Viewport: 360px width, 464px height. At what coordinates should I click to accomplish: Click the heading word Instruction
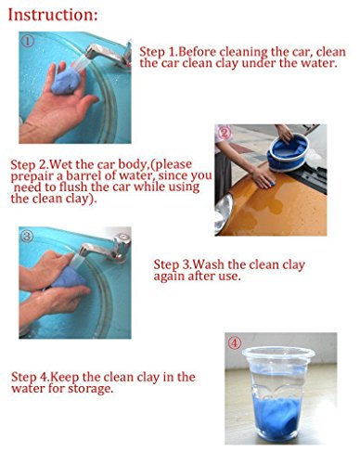[x=53, y=15]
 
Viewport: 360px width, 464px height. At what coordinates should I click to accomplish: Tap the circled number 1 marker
[x=27, y=41]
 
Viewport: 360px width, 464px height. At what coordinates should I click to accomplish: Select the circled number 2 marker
[x=225, y=133]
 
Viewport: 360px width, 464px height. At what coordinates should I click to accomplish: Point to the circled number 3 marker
[x=27, y=237]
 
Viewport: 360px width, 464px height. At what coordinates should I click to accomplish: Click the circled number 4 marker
[x=235, y=343]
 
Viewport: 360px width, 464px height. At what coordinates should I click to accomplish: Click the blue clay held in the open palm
[x=66, y=81]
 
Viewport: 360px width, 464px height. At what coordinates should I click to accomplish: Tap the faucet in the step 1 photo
[x=109, y=53]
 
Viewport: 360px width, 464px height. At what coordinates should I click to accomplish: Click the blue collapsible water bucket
[x=288, y=153]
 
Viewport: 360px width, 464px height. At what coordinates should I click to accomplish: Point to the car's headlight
[x=223, y=213]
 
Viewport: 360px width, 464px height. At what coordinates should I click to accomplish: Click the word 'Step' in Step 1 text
[x=152, y=52]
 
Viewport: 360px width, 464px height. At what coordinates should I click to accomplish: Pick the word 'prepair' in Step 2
[x=32, y=176]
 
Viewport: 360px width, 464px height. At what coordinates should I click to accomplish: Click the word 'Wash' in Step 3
[x=210, y=264]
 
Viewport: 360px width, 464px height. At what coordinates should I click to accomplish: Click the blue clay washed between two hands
[x=67, y=277]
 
